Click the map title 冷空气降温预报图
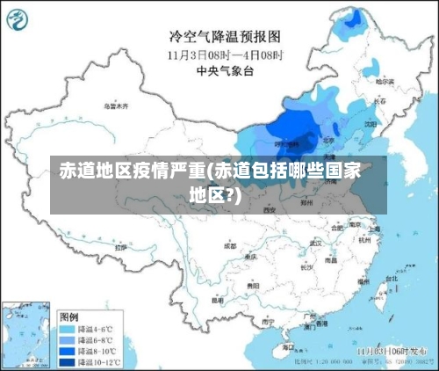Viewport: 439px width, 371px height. (x=224, y=36)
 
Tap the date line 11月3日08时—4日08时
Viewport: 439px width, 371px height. (x=225, y=54)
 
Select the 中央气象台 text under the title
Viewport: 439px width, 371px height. (x=225, y=71)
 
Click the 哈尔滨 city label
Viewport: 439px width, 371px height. (x=384, y=81)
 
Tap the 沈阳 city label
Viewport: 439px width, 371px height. (x=369, y=125)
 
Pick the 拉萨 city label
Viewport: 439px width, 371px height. (x=120, y=247)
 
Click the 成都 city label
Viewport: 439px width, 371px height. (x=230, y=246)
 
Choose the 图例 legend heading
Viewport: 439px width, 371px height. (x=68, y=315)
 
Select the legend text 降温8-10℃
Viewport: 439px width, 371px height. (x=97, y=348)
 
